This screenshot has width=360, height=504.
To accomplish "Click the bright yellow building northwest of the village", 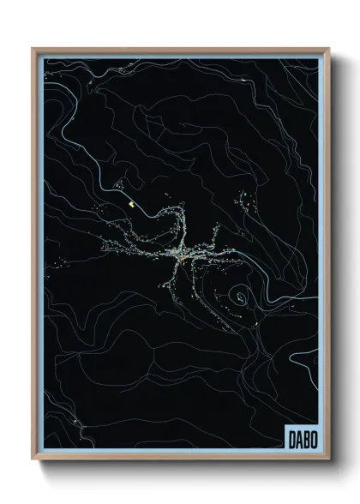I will click(x=130, y=205).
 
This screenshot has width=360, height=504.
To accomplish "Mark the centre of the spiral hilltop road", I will click(x=242, y=298).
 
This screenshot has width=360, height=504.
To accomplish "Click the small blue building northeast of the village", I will click(x=247, y=199).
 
